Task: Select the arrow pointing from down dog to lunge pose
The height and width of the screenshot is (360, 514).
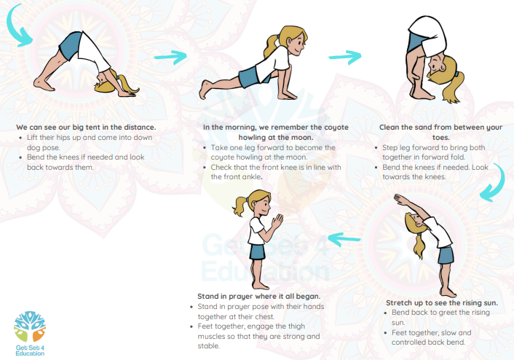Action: tap(170, 57)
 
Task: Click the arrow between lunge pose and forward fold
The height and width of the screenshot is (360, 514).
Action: tap(345, 57)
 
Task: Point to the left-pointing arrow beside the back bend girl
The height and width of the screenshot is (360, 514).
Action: tap(344, 239)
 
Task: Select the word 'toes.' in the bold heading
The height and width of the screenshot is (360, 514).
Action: tap(441, 137)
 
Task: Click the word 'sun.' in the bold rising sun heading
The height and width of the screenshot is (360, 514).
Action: tap(490, 303)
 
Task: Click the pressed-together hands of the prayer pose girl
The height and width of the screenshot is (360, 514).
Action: tap(277, 221)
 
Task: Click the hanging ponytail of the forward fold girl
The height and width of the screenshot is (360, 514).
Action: tap(454, 87)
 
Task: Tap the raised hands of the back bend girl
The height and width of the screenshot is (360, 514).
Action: tap(400, 200)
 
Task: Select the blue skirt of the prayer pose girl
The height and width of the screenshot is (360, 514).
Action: tap(257, 252)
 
